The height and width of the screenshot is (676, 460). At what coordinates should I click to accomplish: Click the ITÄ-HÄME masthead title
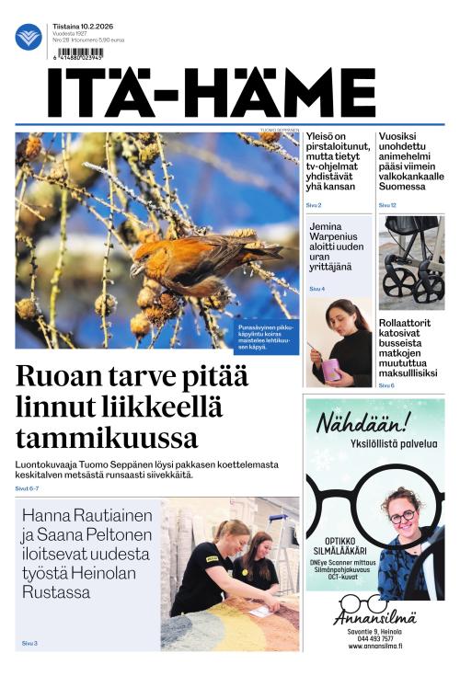[212, 92]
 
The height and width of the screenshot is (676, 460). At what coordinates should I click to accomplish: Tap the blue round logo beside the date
[29, 37]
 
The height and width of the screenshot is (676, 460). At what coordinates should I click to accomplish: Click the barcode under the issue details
[81, 52]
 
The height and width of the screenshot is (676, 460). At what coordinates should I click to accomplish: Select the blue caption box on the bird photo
[266, 338]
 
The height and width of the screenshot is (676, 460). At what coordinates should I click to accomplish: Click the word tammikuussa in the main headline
[106, 436]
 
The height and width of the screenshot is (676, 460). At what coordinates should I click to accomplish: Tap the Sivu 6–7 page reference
[27, 488]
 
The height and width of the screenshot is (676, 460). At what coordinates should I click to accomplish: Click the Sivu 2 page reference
[314, 205]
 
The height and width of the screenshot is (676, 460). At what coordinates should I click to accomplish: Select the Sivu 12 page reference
[387, 205]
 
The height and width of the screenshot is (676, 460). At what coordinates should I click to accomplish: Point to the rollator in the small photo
[411, 267]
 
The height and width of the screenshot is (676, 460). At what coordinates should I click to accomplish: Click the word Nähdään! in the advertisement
[362, 423]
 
